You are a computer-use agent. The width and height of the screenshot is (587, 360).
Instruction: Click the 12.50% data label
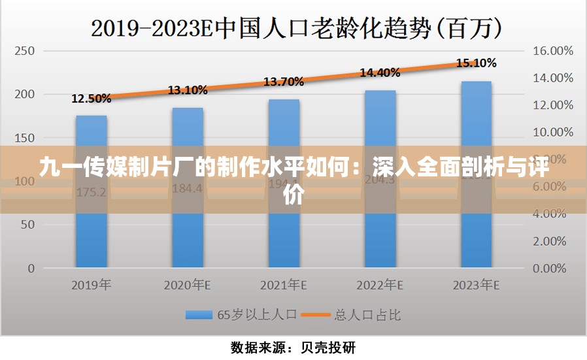click(91, 99)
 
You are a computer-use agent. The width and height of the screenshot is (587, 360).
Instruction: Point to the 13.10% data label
click(188, 90)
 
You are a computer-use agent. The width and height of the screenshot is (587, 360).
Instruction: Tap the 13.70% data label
click(284, 82)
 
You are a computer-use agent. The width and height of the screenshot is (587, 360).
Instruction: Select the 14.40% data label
click(380, 73)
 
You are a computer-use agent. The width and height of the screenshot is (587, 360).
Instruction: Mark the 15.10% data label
click(476, 63)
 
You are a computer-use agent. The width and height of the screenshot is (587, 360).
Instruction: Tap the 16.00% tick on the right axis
click(553, 50)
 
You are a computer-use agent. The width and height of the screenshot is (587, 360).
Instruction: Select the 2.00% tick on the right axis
click(551, 241)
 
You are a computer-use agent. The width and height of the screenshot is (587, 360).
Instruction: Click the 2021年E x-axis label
click(284, 286)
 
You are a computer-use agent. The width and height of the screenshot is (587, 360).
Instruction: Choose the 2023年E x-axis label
click(476, 286)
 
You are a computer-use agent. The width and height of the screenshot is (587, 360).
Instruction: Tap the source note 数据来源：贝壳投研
click(293, 348)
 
